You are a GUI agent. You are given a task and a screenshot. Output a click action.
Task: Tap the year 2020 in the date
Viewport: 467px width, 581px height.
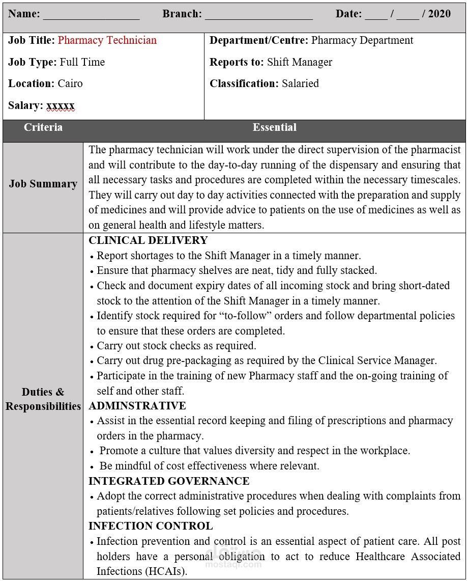440,14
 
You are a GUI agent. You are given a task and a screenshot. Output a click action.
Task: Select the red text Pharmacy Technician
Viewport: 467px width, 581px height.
107,40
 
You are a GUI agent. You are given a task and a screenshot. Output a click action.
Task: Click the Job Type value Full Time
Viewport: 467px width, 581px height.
82,62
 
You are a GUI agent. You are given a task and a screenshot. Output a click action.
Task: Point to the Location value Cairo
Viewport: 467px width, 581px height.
70,84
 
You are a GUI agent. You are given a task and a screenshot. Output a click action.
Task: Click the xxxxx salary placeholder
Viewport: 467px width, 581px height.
61,105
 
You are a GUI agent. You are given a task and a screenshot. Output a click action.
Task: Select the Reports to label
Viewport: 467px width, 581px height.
237,62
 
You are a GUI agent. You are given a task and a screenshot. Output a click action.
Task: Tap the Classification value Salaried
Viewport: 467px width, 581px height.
300,84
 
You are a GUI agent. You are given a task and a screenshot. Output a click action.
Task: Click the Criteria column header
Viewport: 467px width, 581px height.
43,127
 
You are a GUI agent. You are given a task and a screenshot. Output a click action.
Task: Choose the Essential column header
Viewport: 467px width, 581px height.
275,127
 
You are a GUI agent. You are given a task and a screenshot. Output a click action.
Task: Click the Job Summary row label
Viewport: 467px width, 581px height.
43,184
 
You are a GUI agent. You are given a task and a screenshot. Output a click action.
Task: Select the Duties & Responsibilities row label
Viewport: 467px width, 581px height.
43,399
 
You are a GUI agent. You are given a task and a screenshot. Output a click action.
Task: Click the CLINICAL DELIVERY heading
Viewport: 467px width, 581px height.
148,240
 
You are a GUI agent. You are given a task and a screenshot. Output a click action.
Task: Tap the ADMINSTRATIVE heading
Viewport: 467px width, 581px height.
137,406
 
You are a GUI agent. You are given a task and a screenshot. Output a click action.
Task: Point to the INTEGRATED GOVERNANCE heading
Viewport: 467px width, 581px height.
169,481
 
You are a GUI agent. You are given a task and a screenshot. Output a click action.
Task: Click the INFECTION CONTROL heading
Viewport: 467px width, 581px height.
151,526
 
